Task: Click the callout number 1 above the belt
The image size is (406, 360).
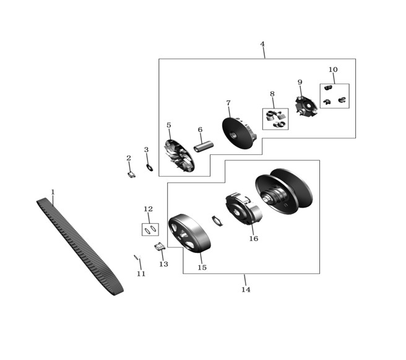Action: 53,192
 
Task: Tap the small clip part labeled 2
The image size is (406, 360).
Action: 132,175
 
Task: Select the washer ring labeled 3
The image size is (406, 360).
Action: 150,167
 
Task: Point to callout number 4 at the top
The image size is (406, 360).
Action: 262,44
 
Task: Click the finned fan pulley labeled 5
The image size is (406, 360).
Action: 179,156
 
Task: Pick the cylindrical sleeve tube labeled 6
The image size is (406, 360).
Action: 204,146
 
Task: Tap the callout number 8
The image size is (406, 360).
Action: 272,94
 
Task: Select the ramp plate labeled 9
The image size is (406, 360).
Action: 306,106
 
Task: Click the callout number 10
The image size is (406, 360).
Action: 333,69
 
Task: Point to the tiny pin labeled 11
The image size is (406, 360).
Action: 136,257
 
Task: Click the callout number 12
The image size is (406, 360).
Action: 148,209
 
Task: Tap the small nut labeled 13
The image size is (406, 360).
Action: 160,247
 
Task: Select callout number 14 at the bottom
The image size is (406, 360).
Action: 246,289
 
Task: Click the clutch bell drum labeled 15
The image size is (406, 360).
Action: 189,233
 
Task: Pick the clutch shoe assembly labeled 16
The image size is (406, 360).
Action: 244,208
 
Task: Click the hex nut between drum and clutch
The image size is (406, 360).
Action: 217,221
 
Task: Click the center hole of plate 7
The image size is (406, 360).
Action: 233,135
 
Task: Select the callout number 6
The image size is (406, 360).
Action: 200,130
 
